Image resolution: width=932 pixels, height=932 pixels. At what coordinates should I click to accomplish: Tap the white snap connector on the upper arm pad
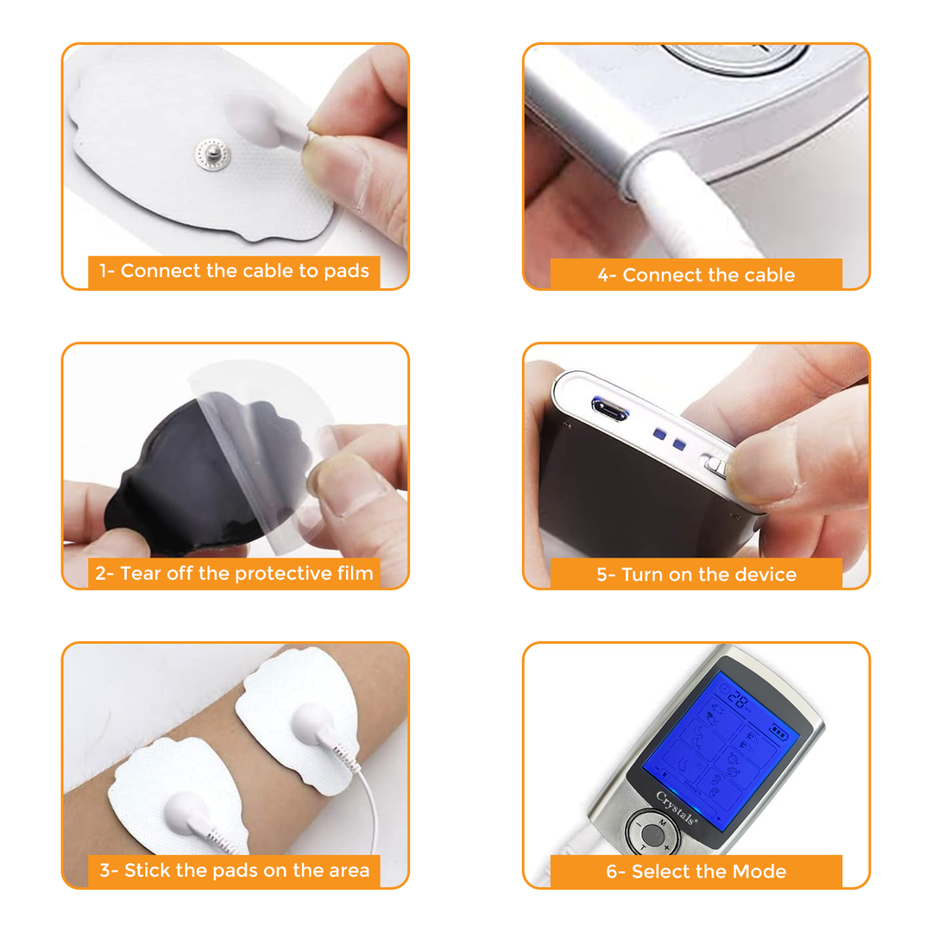[312, 723]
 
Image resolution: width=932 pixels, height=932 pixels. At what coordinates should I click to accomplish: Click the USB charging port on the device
[609, 408]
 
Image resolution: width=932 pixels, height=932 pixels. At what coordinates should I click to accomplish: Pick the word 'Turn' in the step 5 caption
[642, 574]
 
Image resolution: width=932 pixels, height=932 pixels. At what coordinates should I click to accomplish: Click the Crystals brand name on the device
[677, 809]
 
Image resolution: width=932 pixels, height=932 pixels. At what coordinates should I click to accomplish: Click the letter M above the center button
[662, 823]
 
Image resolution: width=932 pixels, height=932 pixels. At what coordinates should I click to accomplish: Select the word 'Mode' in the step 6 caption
[761, 872]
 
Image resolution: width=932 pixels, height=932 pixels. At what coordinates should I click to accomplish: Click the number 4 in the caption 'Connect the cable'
[603, 275]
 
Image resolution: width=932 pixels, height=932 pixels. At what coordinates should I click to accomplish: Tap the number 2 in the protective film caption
[100, 573]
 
